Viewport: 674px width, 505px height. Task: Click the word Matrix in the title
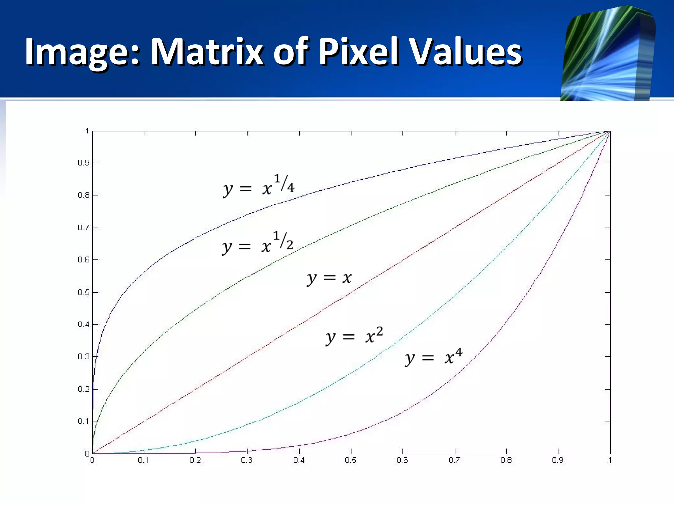coord(207,52)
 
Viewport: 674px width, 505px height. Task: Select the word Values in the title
coord(467,52)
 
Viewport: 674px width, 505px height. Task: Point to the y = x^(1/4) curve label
coord(259,186)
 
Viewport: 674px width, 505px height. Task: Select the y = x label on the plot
coord(329,278)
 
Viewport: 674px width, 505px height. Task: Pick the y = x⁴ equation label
coord(434,357)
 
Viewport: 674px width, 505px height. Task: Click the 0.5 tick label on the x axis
coord(350,460)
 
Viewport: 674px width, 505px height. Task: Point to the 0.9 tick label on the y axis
coord(83,163)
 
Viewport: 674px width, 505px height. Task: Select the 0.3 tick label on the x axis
coord(247,460)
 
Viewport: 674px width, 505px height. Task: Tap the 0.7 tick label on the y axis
coord(83,228)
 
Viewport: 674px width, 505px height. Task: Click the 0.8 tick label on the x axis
coord(506,460)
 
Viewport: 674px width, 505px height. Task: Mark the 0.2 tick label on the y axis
coord(83,389)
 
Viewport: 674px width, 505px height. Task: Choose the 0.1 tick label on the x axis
coord(143,460)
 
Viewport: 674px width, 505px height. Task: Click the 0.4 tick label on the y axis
coord(83,325)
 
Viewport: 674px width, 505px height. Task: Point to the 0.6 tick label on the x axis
coord(402,460)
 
